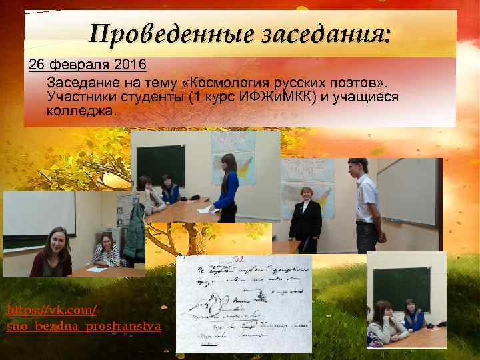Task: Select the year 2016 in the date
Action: click(133, 67)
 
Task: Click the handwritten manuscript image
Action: click(243, 303)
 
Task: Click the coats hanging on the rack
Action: click(135, 230)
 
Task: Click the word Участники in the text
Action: click(81, 97)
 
